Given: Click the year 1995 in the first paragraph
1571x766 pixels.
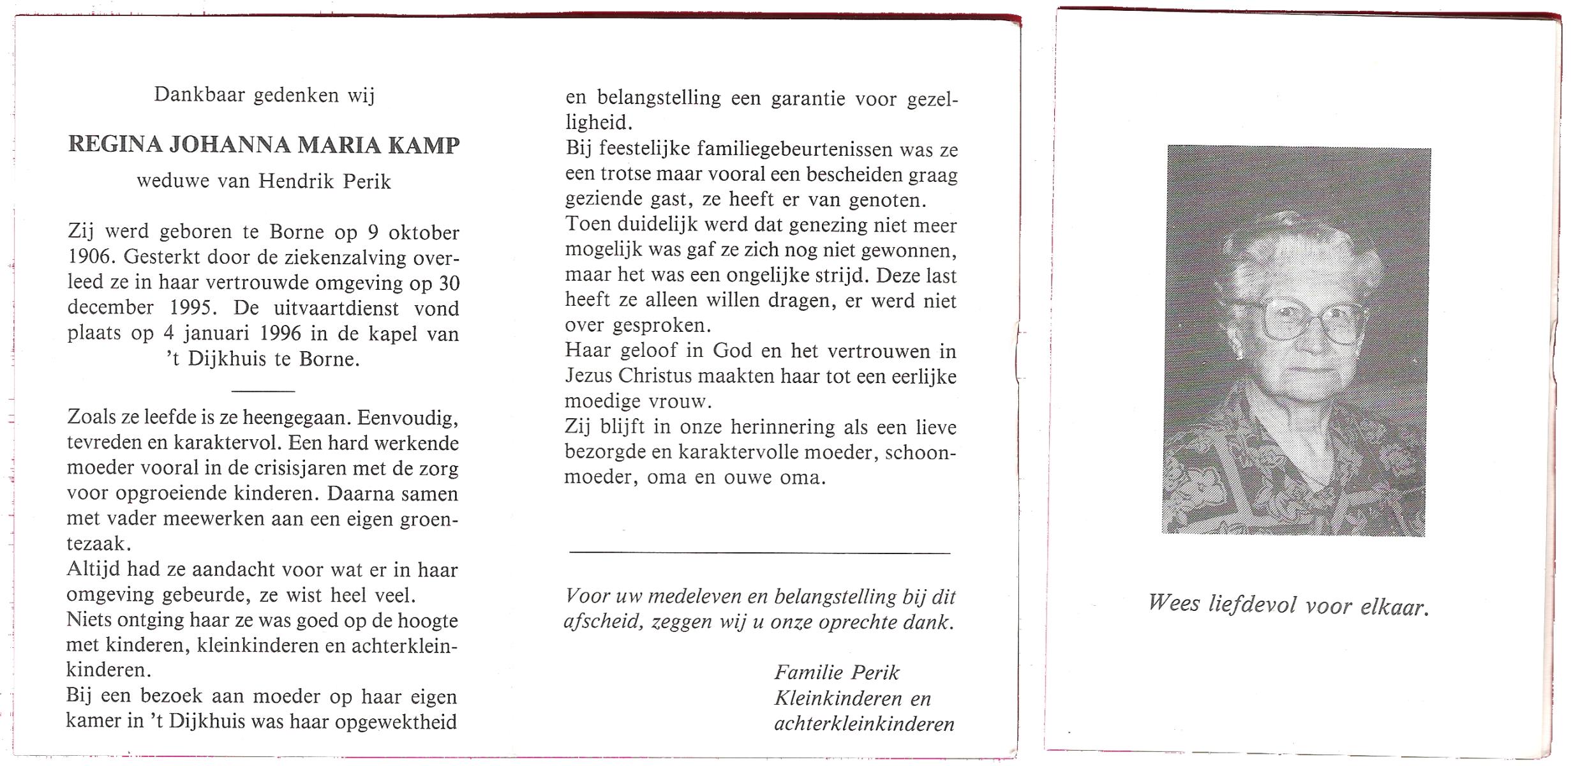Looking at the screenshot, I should pyautogui.click(x=190, y=308).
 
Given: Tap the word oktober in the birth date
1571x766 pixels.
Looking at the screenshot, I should pyautogui.click(x=424, y=232).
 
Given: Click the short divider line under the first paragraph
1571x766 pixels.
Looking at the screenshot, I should pyautogui.click(x=263, y=391).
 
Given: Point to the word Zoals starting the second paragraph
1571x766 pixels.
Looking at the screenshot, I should pyautogui.click(x=91, y=417).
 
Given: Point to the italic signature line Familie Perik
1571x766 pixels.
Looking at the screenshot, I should pyautogui.click(x=837, y=673).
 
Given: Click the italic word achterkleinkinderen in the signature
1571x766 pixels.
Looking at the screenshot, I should pyautogui.click(x=864, y=724).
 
